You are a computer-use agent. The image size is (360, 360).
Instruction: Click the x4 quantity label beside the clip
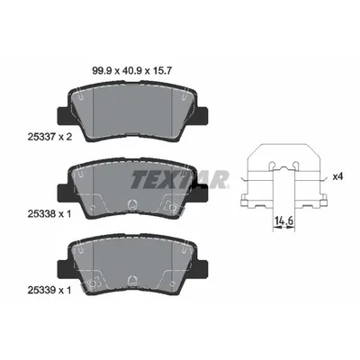point(337,175)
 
